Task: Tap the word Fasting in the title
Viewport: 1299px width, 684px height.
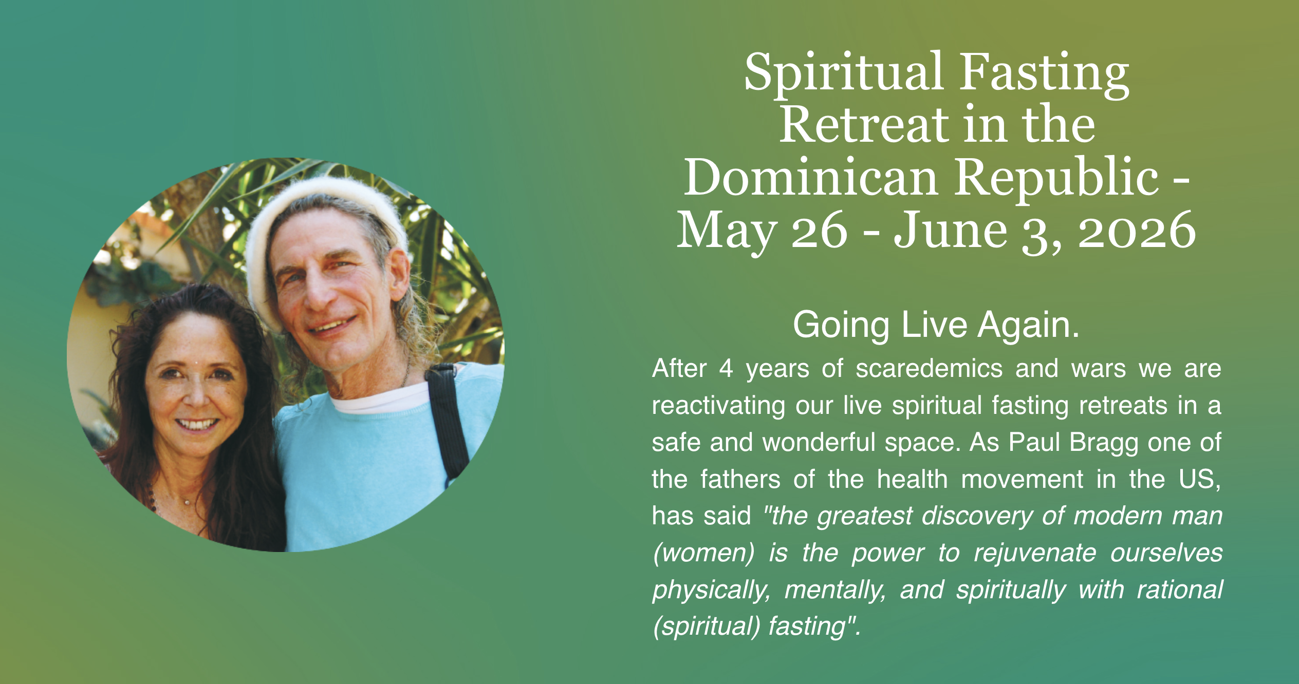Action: pos(1045,73)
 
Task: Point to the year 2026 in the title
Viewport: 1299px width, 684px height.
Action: pos(1137,231)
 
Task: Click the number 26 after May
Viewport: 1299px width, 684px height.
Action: pos(819,231)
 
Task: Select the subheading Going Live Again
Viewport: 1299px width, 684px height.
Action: pos(936,325)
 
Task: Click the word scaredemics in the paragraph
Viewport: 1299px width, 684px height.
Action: pos(929,368)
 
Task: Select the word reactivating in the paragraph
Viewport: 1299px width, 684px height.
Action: pos(718,406)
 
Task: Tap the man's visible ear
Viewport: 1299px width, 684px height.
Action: pos(399,277)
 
